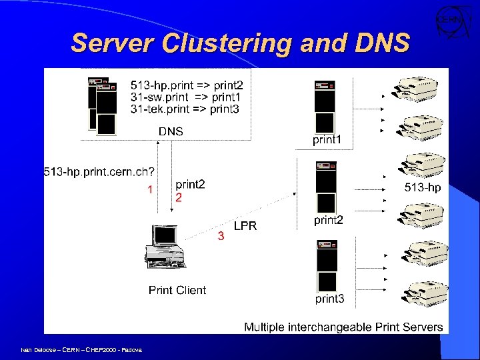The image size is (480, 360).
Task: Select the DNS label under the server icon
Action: pos(171,131)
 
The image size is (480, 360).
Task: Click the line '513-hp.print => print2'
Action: pos(187,85)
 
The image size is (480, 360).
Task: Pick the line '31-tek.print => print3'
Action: pos(185,109)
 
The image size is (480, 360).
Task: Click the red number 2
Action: pos(178,198)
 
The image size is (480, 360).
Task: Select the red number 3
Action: pos(221,236)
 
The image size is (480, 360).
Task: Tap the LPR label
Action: pos(245,226)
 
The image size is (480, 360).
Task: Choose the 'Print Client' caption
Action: pos(177,290)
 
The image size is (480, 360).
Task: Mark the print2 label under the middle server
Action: pos(329,220)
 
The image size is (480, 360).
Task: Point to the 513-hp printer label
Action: pos(423,188)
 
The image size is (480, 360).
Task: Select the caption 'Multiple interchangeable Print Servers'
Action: pos(343,327)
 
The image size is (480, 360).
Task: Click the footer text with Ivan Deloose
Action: pos(76,349)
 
